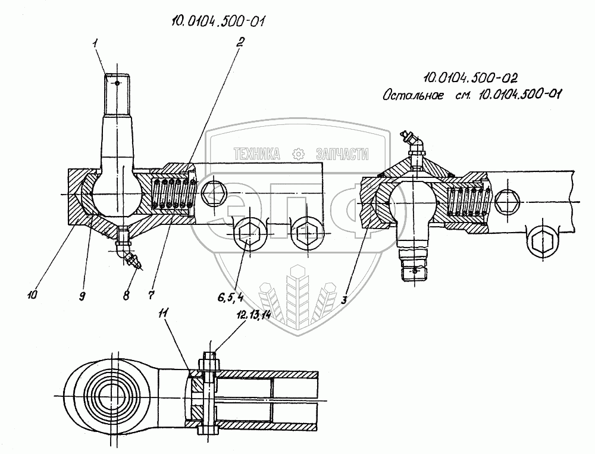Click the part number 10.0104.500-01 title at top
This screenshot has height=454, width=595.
tap(218, 20)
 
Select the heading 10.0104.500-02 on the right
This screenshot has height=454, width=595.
tap(470, 78)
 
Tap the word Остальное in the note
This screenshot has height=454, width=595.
tap(413, 95)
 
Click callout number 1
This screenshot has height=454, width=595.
tap(96, 44)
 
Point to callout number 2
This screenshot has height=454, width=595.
tap(239, 42)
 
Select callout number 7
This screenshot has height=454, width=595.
tap(151, 295)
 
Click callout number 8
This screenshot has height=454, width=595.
tap(126, 295)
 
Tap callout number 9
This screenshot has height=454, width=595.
tap(82, 296)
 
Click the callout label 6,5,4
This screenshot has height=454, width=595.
tap(230, 298)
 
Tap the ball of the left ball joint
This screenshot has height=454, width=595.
tap(117, 192)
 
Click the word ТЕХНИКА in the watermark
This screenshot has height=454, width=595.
tap(257, 154)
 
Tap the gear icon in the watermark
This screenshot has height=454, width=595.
tap(299, 154)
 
